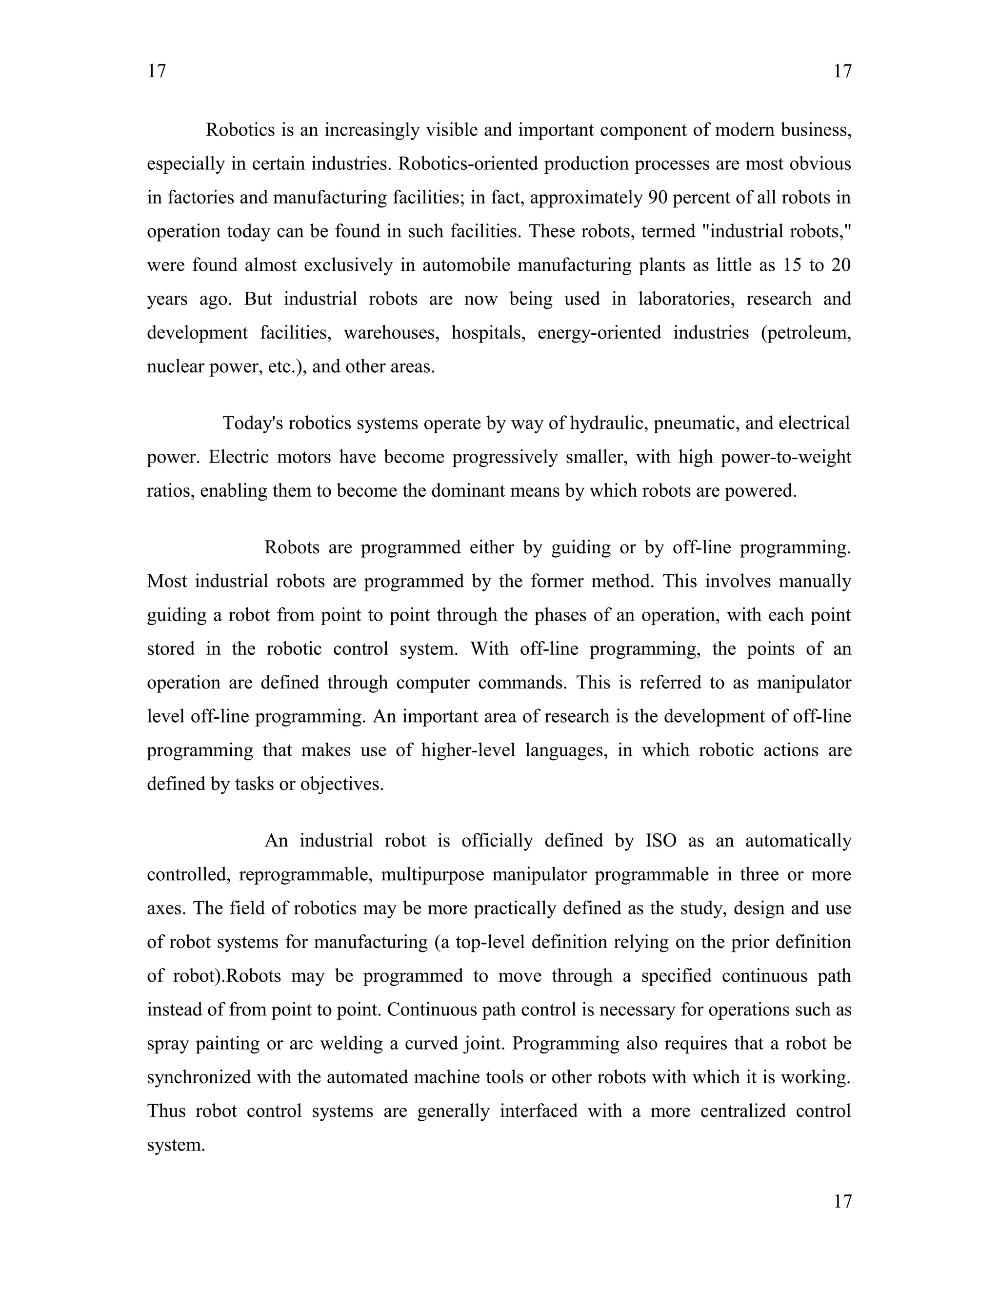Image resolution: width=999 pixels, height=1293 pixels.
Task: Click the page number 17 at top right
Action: coord(842,72)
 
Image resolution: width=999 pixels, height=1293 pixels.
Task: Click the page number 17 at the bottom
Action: coord(842,1201)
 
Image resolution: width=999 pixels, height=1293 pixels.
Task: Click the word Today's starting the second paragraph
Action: coord(252,424)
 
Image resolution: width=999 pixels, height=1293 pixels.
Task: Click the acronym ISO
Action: coord(661,841)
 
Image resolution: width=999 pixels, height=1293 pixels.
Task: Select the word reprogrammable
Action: coord(305,874)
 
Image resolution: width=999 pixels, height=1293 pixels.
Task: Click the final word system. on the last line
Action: coord(176,1144)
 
